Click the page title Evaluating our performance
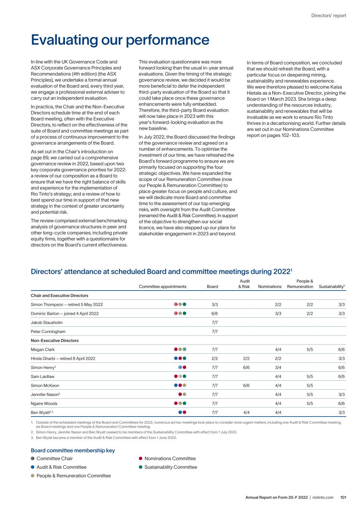pos(120,40)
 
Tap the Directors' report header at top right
pos(329,16)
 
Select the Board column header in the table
pos(212,286)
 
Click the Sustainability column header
pos(332,286)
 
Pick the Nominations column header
pos(270,286)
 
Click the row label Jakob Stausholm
pos(47,323)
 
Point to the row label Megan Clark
pos(43,349)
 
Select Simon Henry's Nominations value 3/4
pos(278,367)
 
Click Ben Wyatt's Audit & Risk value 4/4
pos(246,412)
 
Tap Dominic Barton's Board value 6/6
pos(215,314)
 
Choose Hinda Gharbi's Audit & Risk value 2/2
pos(246,358)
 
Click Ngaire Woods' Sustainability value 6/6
pos(341,403)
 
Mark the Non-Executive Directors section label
pos(54,340)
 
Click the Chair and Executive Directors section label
pos(59,295)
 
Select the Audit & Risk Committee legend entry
pos(61,467)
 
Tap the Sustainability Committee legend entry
pos(170,467)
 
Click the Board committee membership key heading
pos(73,450)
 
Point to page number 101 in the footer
pos(343,497)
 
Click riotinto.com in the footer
pos(323,497)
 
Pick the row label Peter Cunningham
pos(48,332)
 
